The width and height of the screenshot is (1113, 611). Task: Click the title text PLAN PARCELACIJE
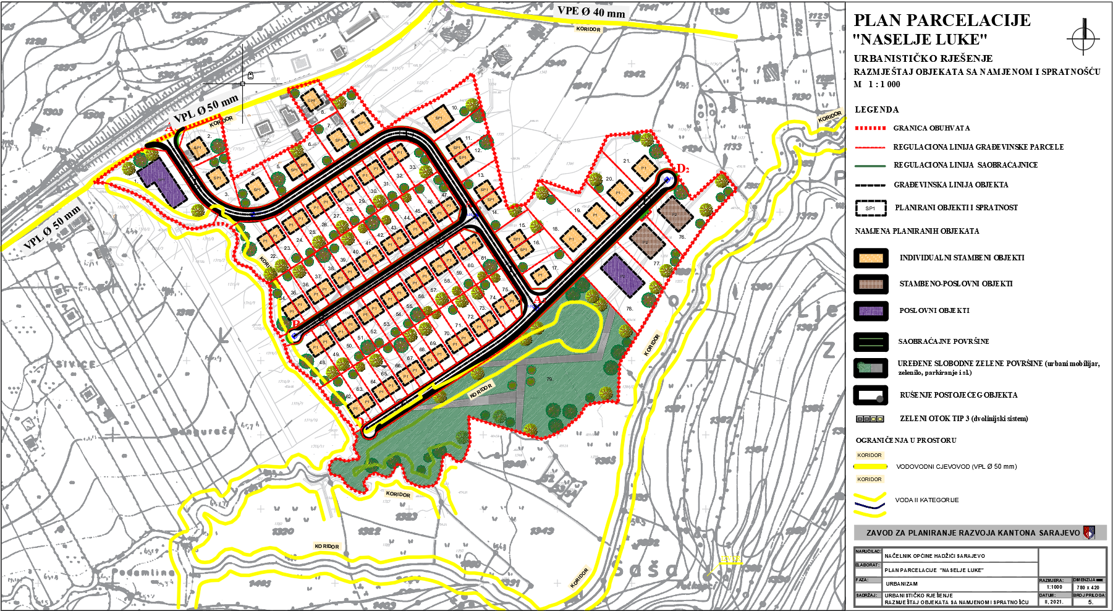(942, 20)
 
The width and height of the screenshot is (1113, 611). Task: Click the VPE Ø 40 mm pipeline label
(591, 11)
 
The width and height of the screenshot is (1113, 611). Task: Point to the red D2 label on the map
(683, 168)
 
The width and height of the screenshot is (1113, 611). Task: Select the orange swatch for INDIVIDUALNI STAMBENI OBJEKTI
(871, 258)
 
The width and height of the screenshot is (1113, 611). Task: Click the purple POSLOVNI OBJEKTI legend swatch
(871, 310)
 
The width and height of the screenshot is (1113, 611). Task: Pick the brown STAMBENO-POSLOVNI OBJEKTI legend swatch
(871, 284)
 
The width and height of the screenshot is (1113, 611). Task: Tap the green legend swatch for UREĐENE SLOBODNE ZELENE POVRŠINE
(871, 367)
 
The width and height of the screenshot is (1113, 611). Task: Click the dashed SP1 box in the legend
(871, 208)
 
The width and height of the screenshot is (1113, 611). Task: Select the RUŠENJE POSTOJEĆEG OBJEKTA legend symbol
(871, 395)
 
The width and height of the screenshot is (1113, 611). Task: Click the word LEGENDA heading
(876, 109)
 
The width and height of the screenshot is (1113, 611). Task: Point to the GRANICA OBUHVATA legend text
(931, 128)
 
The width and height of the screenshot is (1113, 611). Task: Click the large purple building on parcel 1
(161, 181)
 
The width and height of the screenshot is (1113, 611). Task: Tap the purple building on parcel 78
(623, 276)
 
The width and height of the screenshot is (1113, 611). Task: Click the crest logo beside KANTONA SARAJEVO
(1089, 532)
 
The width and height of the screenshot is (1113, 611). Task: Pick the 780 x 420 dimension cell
(1088, 587)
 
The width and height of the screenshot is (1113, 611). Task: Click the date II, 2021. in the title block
(1054, 601)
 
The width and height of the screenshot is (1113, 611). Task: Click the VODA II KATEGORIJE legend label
(926, 500)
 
